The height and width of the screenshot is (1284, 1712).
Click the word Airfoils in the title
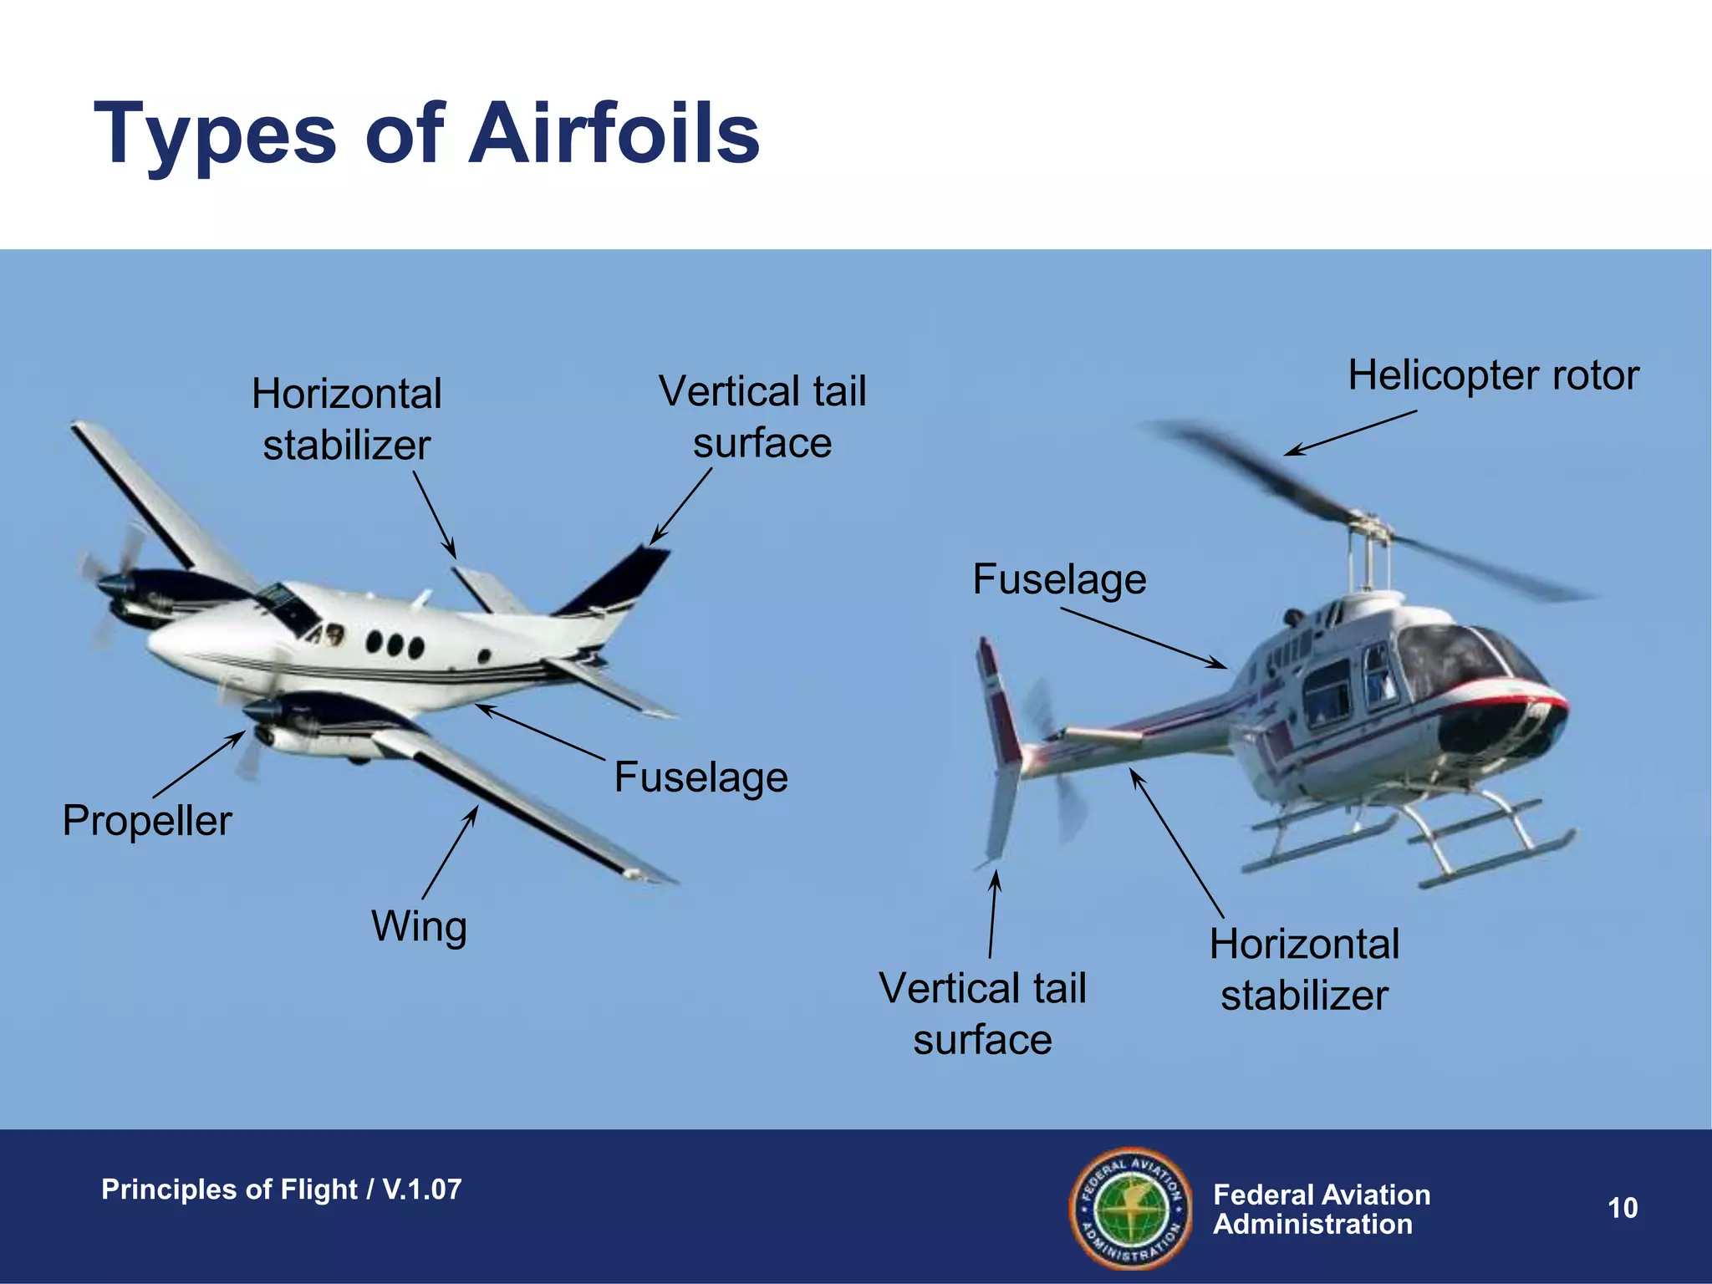[x=614, y=134]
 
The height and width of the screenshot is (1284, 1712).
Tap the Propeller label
[x=147, y=820]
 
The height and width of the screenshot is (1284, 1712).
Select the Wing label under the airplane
[x=419, y=926]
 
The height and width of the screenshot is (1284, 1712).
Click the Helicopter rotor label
[x=1493, y=375]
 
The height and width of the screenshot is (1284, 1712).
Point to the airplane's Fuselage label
[x=701, y=777]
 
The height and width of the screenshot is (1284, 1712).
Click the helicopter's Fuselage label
[x=1059, y=579]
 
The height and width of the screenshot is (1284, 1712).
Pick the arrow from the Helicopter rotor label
[x=1350, y=433]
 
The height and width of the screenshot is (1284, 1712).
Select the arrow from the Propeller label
[x=199, y=764]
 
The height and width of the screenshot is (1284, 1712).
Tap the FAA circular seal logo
[x=1131, y=1208]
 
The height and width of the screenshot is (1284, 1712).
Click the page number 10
[x=1623, y=1208]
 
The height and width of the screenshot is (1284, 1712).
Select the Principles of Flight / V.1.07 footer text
[x=281, y=1189]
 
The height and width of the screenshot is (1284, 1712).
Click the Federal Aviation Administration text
[x=1321, y=1209]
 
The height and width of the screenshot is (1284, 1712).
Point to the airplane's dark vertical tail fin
[x=619, y=581]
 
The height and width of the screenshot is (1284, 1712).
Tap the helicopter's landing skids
[x=1413, y=844]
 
